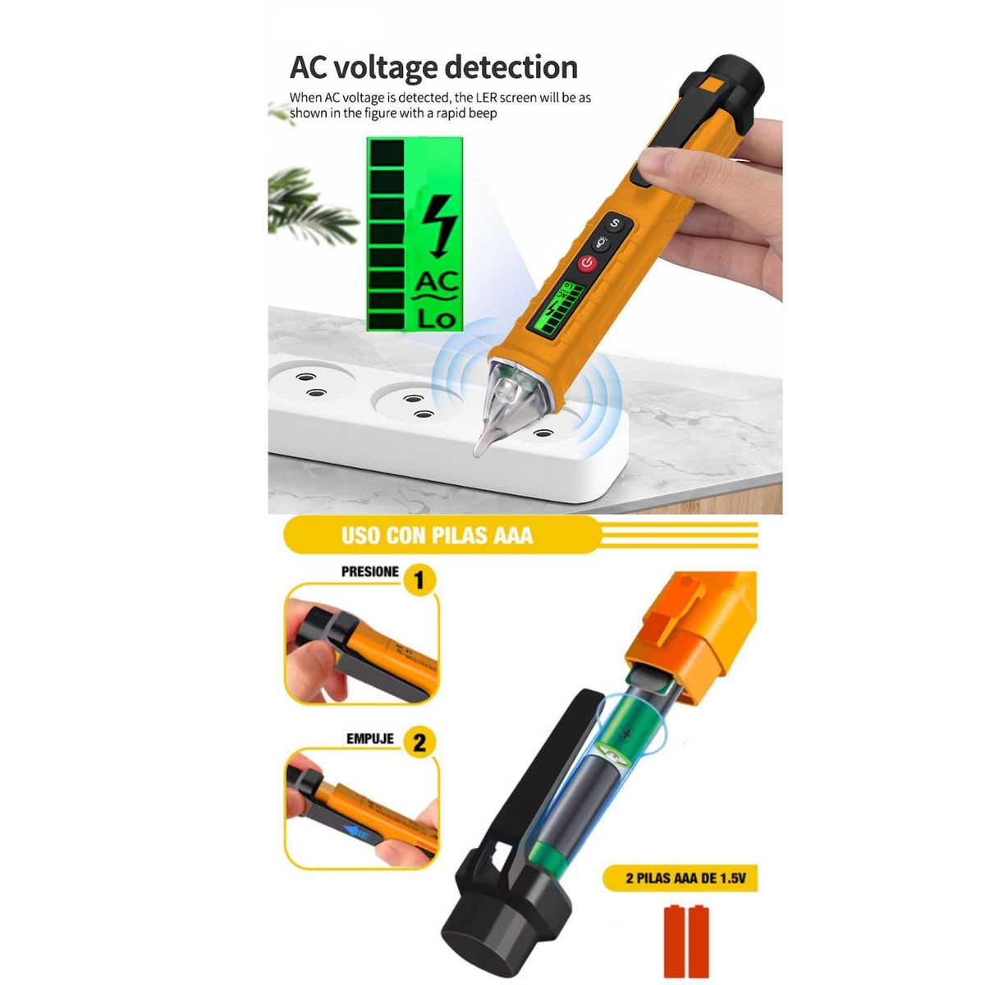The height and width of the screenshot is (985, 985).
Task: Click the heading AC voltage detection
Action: (x=433, y=67)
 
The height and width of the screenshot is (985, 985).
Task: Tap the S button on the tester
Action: (x=615, y=223)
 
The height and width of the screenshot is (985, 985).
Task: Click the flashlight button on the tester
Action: (x=602, y=243)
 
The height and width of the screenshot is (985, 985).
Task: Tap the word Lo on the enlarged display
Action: (x=436, y=318)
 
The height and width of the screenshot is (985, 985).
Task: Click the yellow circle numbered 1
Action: (x=419, y=581)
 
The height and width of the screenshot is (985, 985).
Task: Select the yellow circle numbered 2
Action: (x=419, y=744)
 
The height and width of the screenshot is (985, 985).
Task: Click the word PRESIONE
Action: (x=370, y=572)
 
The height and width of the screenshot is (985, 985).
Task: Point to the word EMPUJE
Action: (x=369, y=739)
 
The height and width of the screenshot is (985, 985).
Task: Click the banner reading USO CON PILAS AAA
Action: (x=437, y=536)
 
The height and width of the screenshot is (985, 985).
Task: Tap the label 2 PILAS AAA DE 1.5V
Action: (x=685, y=878)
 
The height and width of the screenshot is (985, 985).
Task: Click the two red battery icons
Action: (x=686, y=941)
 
